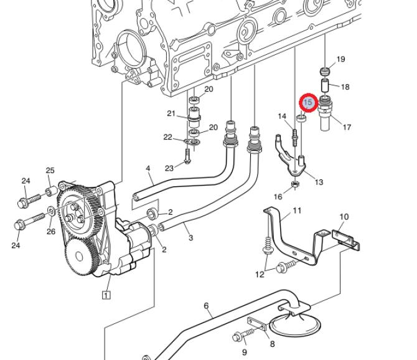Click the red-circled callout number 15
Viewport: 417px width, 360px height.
pos(309,102)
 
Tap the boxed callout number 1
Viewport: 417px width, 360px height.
pos(106,295)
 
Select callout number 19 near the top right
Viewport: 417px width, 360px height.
pos(340,59)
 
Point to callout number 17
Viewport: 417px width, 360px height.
pos(347,127)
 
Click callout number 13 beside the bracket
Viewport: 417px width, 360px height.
pos(319,182)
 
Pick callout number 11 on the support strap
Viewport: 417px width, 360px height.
pos(297,211)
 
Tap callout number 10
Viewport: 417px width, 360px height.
pos(344,217)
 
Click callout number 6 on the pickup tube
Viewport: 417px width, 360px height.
pos(207,306)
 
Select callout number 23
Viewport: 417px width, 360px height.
pos(169,168)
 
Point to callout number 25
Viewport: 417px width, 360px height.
pos(50,170)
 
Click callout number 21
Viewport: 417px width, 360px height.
pos(171,113)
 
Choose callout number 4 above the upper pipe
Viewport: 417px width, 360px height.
pos(148,168)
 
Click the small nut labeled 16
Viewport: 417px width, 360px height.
pos(294,184)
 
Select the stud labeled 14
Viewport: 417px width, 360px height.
pos(295,137)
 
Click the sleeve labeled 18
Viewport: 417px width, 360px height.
pos(325,85)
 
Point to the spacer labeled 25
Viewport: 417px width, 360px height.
pos(51,192)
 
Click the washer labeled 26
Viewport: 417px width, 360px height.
pos(51,211)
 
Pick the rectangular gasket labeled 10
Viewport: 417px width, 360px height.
pos(345,240)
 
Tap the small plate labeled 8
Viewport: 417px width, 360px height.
pos(257,323)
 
